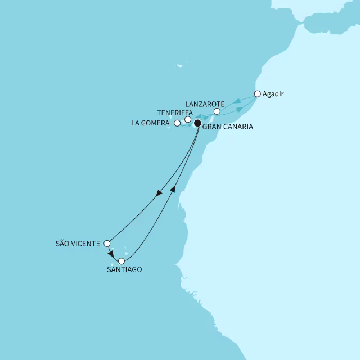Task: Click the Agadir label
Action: coord(273,94)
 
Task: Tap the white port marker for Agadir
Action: coord(258,94)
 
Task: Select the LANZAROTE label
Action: coord(205,104)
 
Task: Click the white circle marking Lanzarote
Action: coord(217,111)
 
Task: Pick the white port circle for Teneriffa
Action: coord(187,119)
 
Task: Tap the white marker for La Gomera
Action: coord(177,123)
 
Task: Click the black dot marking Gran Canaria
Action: coord(197,123)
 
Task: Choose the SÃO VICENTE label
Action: coord(78,244)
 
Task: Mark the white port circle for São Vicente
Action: coord(107,244)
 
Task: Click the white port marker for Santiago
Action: coord(121,261)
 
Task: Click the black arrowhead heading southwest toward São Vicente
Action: coord(159,193)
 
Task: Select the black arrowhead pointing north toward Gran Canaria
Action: coord(173,190)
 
